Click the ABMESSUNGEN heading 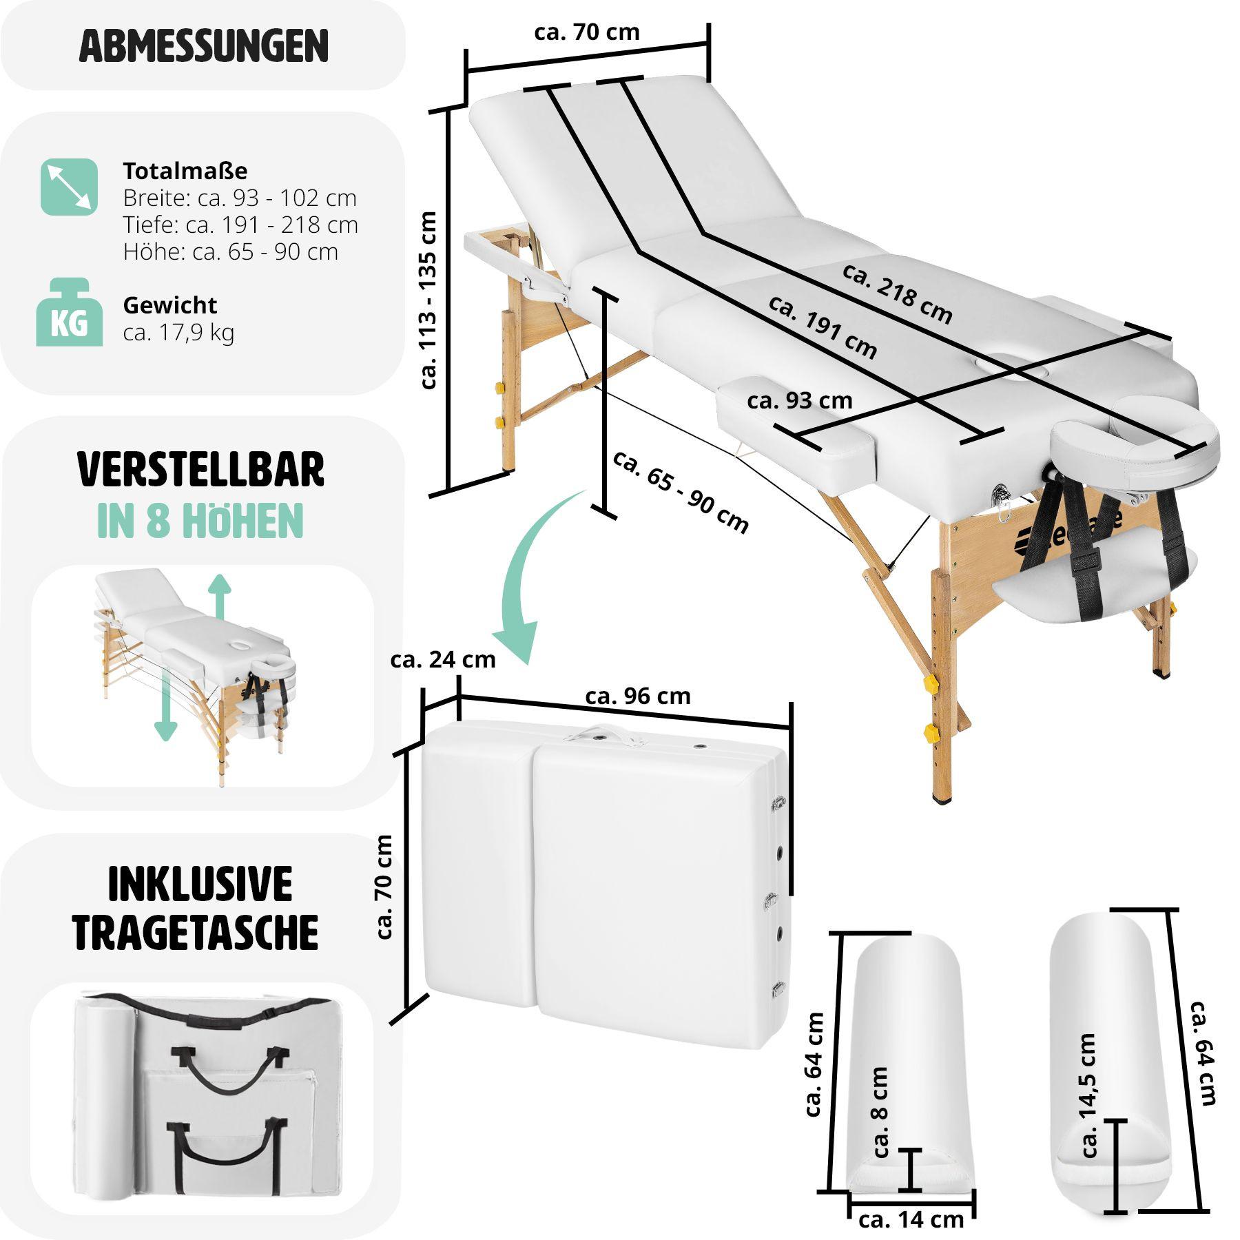(x=203, y=46)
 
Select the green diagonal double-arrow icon (x=70, y=187)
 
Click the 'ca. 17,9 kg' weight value (x=178, y=333)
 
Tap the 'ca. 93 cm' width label (x=799, y=401)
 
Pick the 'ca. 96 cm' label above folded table (x=638, y=696)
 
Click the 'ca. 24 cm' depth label (x=442, y=660)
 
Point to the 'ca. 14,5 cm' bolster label (x=1088, y=1095)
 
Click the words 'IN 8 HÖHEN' (x=200, y=521)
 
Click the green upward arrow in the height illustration (x=219, y=597)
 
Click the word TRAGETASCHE (x=196, y=932)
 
